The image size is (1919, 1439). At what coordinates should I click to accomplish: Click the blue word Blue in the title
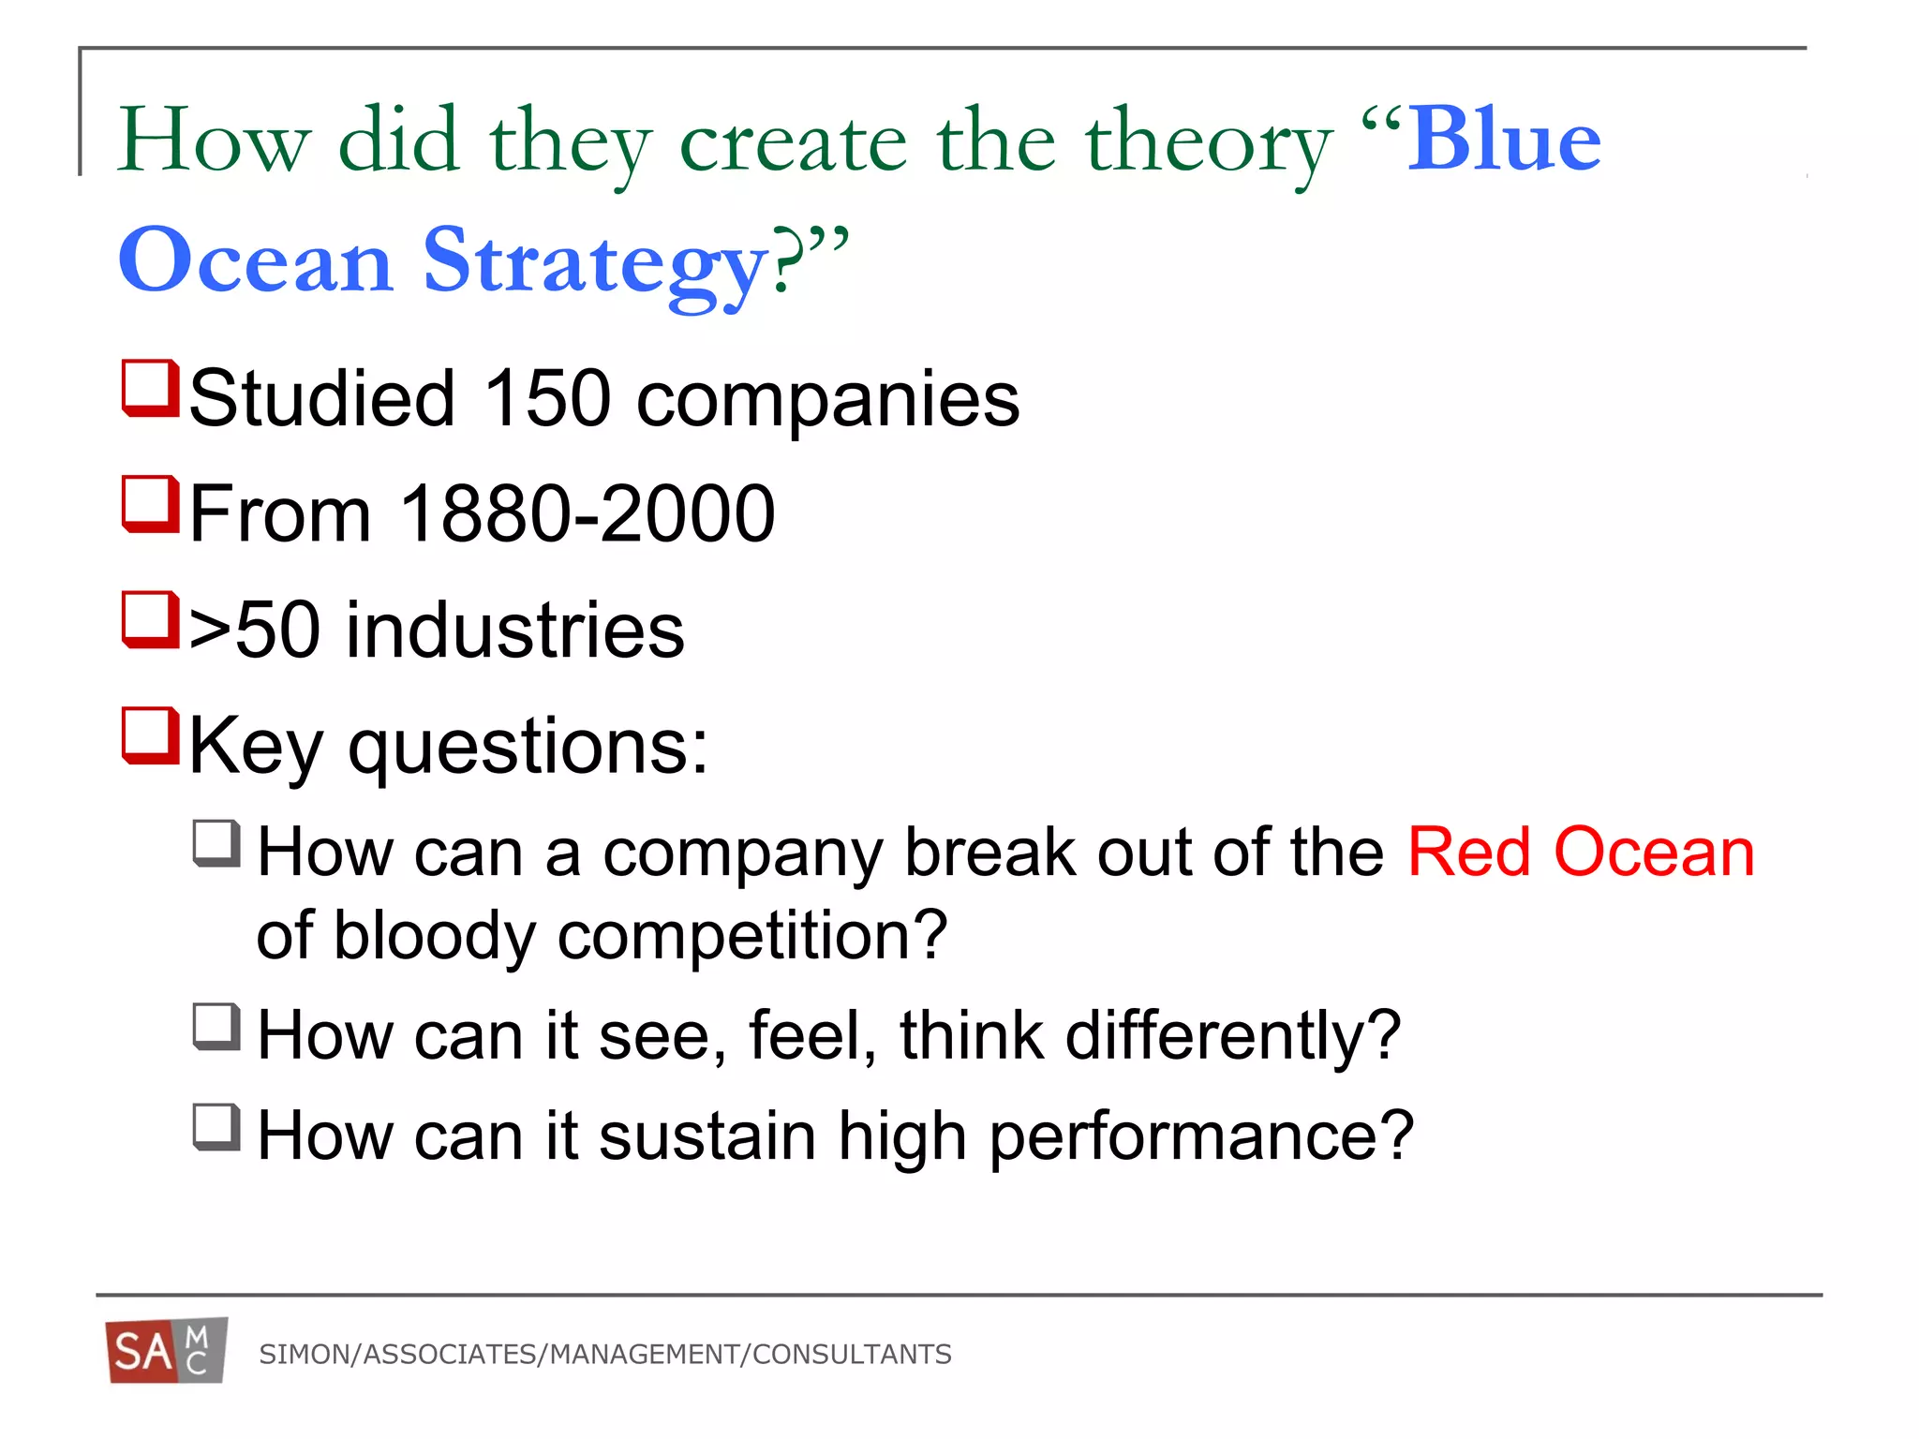pyautogui.click(x=1504, y=141)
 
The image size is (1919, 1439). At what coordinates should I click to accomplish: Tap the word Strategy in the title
pyautogui.click(x=596, y=262)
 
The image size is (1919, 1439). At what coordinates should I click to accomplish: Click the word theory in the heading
pyautogui.click(x=1209, y=142)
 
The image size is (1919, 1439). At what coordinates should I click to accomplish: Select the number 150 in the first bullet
pyautogui.click(x=547, y=398)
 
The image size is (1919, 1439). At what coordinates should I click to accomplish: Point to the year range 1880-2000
pyautogui.click(x=588, y=513)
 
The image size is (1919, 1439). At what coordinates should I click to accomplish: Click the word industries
pyautogui.click(x=515, y=630)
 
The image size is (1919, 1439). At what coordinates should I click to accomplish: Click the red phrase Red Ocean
pyautogui.click(x=1581, y=853)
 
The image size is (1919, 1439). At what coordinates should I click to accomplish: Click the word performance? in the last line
pyautogui.click(x=1201, y=1136)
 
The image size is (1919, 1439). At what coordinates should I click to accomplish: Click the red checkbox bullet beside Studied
pyautogui.click(x=151, y=388)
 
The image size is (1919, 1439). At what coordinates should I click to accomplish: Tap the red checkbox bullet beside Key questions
pyautogui.click(x=151, y=736)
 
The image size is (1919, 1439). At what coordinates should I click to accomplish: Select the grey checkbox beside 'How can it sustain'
pyautogui.click(x=217, y=1127)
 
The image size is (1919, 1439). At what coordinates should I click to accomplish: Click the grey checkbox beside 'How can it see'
pyautogui.click(x=217, y=1027)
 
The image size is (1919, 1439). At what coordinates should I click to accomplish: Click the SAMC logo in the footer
pyautogui.click(x=166, y=1351)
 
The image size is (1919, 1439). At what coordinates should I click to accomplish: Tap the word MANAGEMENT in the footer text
pyautogui.click(x=645, y=1355)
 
